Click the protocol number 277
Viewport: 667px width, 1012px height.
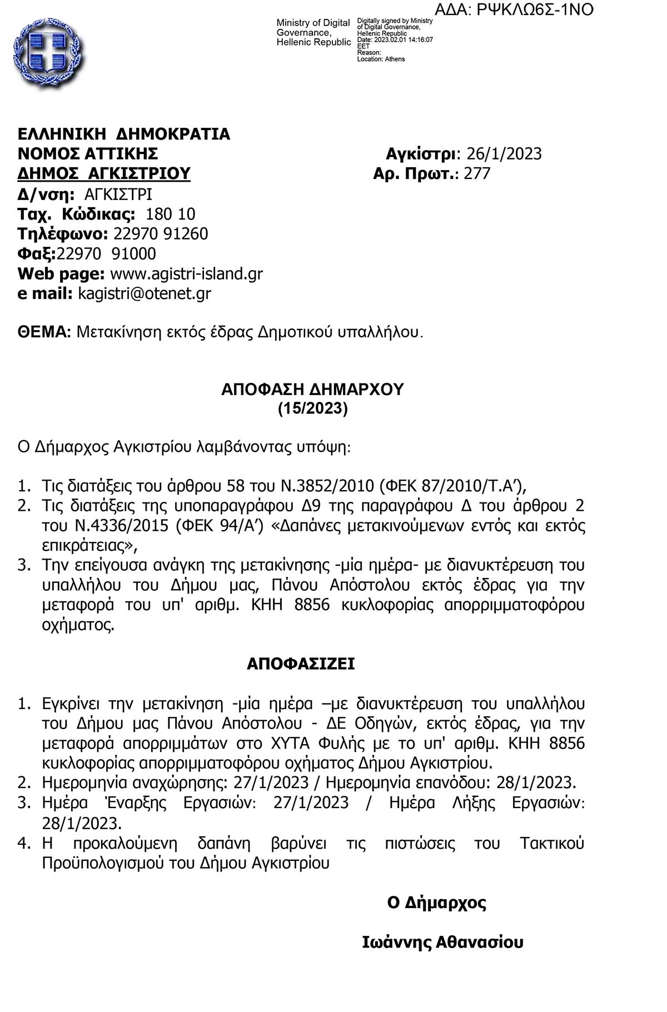tap(477, 173)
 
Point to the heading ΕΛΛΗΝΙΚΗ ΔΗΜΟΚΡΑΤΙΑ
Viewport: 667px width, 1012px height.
tap(124, 134)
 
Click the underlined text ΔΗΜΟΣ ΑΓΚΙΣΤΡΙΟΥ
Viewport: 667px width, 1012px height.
tap(104, 173)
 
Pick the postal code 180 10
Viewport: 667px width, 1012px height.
tap(170, 214)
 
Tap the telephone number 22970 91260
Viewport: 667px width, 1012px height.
tap(161, 233)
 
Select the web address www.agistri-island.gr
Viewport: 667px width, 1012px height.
tap(187, 273)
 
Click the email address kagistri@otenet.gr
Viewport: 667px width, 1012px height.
tap(145, 293)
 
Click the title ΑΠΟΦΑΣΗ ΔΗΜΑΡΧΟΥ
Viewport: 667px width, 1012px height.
tap(312, 389)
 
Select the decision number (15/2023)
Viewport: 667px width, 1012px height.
tap(313, 409)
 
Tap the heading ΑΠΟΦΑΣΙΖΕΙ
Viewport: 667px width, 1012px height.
tap(301, 664)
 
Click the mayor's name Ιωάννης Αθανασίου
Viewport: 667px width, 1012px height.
tap(442, 943)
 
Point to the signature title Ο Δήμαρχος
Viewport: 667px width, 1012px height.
tap(437, 903)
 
